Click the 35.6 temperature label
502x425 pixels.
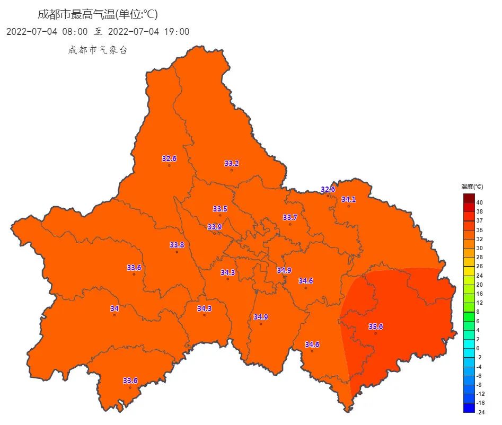[x=375, y=326]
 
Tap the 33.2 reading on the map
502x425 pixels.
[x=232, y=163]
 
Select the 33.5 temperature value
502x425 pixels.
[x=220, y=209]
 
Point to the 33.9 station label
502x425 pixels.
[x=215, y=227]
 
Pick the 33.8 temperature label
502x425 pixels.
[x=177, y=245]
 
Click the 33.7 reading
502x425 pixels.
[x=290, y=217]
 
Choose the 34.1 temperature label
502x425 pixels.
[x=348, y=199]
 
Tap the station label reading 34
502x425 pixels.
[x=115, y=308]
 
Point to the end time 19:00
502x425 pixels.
[x=177, y=32]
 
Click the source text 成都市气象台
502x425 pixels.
[x=98, y=50]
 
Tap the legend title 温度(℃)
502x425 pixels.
[x=472, y=187]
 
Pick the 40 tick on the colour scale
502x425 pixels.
[x=479, y=202]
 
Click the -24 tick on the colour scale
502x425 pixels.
[x=479, y=412]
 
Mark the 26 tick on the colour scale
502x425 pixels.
[x=479, y=266]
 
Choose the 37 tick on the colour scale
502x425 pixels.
[x=479, y=220]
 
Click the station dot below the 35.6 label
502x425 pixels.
[x=375, y=333]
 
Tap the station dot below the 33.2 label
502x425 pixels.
[x=232, y=170]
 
